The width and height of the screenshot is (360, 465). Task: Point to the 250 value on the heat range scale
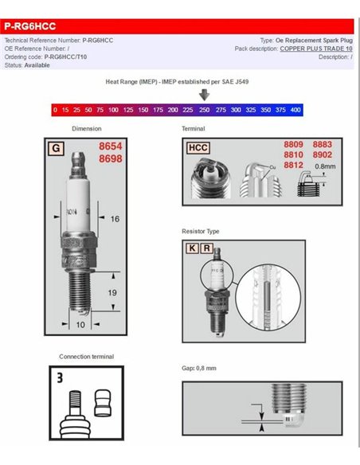tap(205, 108)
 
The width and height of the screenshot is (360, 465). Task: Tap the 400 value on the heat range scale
tap(295, 108)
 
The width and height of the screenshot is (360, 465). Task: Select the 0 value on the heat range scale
tap(55, 108)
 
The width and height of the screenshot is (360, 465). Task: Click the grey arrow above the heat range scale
tap(205, 95)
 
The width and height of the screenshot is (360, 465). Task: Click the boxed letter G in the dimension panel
tap(56, 148)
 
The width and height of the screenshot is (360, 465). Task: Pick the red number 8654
tap(110, 147)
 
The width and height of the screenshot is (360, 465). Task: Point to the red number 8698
tap(110, 160)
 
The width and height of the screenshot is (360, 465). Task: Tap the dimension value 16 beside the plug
tap(115, 218)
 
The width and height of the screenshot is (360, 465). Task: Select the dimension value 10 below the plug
tap(80, 325)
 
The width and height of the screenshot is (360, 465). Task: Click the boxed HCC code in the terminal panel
tap(197, 147)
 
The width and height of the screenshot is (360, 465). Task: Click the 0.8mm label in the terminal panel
tap(326, 166)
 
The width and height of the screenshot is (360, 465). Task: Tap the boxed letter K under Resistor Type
tap(191, 248)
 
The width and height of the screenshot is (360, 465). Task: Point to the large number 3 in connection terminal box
tap(60, 379)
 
